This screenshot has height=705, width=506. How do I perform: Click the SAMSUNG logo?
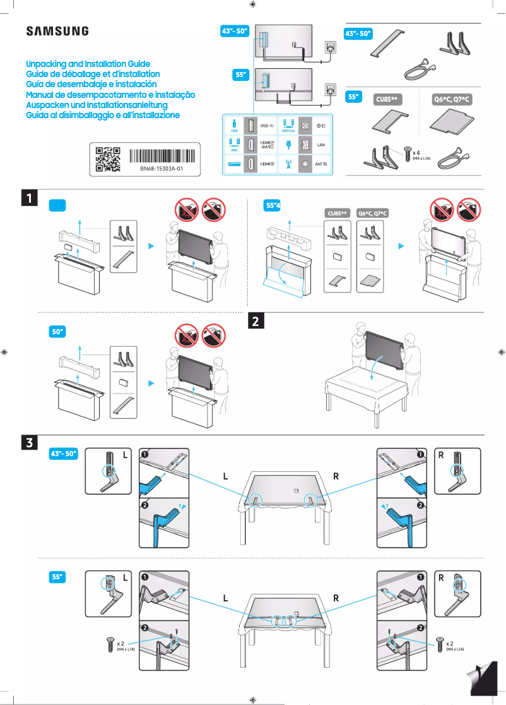point(57,32)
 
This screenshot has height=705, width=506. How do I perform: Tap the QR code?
point(107,159)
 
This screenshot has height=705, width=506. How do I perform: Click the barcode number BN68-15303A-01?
point(162,169)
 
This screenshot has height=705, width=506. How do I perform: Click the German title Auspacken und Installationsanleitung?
point(96,104)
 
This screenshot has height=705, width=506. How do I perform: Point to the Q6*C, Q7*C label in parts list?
point(452,100)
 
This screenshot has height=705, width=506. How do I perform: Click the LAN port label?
point(321,145)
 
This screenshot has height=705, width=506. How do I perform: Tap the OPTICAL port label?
point(288,131)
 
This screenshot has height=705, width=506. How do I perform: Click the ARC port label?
point(234,150)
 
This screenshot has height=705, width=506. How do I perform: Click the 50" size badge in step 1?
point(58,331)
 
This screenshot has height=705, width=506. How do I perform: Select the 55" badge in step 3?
point(58,577)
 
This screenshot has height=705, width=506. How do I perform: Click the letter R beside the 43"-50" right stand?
point(441,455)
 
